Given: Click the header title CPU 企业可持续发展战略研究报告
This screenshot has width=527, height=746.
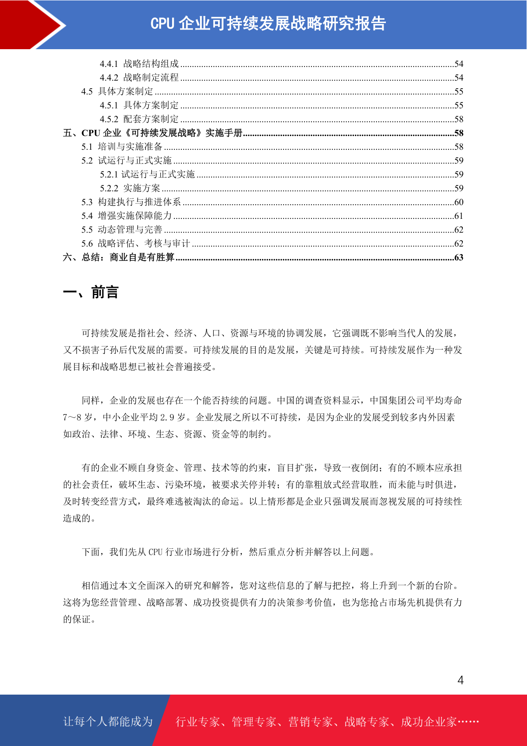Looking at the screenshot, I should coord(268,23).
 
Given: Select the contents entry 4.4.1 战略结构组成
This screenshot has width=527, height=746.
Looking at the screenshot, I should coord(139,64).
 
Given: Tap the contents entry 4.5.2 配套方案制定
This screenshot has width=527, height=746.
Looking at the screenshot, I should coord(139,119).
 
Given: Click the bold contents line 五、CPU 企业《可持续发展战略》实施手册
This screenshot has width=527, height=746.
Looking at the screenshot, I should coord(153,133).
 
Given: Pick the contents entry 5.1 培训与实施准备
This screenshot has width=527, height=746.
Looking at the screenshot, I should coord(122,147).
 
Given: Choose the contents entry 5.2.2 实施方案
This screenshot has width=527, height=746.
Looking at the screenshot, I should coord(130,188).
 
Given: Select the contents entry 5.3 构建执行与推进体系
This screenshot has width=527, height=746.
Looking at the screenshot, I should coord(131,202).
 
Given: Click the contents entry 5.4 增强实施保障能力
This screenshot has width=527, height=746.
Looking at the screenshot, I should coord(127,216).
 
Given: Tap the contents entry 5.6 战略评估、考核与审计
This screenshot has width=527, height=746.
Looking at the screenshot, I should coord(135,244).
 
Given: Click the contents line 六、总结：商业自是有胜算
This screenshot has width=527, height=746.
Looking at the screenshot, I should coord(119,257).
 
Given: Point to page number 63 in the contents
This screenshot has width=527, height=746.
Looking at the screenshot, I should coord(459,257).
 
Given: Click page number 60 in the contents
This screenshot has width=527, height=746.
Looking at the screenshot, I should coord(459,202).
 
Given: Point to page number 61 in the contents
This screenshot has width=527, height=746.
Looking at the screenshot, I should coord(459,216).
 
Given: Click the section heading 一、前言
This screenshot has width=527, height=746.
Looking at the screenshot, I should coord(91,292).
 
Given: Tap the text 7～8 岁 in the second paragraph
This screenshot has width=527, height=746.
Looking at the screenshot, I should coord(78,417).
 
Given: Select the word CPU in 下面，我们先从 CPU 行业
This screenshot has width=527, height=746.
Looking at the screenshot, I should coord(155,552).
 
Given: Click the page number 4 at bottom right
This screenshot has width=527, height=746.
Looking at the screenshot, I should coord(461,680).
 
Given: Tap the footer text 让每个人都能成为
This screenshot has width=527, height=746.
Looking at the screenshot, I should coord(108,722).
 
